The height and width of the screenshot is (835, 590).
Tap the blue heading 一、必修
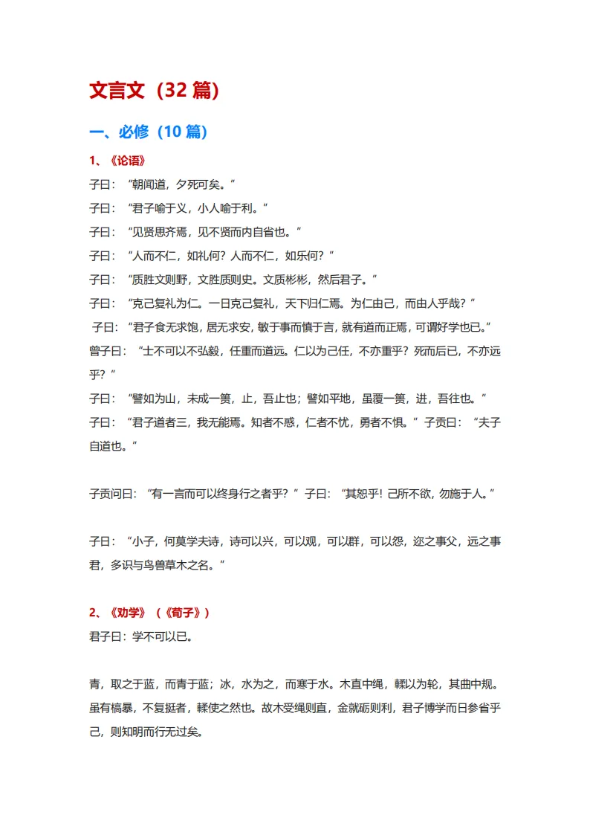119,132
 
